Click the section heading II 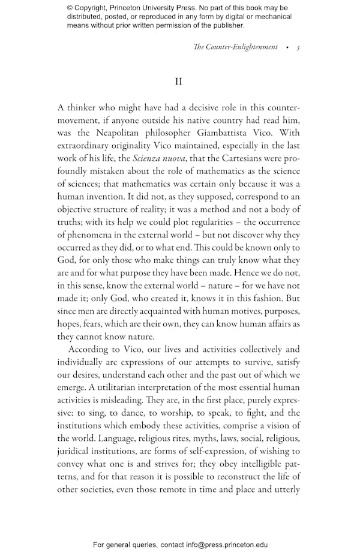(178, 82)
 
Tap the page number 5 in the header (298, 47)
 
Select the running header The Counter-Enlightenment (235, 47)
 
